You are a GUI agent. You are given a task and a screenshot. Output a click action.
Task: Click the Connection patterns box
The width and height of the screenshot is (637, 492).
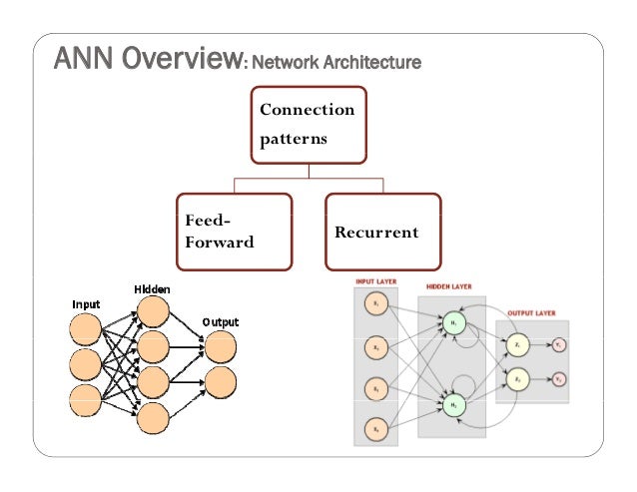[308, 123]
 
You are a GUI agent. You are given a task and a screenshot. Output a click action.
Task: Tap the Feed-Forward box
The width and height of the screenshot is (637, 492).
[235, 232]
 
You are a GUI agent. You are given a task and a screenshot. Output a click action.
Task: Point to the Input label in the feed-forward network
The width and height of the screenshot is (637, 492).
[86, 302]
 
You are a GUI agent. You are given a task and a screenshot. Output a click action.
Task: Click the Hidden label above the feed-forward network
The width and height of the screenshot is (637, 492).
[153, 289]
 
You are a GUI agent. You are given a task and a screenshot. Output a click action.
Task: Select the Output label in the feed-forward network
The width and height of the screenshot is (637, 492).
[221, 322]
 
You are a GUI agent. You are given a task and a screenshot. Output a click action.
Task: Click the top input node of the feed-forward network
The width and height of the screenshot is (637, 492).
[86, 327]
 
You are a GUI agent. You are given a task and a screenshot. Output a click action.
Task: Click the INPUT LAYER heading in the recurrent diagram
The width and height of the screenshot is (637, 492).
[375, 282]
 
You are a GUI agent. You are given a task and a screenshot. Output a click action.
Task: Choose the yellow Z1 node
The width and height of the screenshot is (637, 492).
[517, 344]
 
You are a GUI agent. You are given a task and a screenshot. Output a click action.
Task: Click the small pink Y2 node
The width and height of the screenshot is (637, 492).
[560, 380]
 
